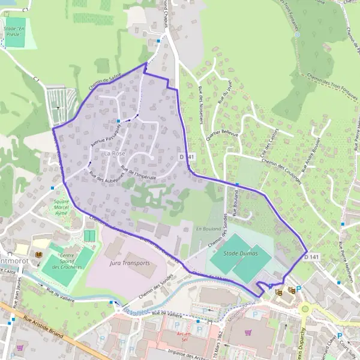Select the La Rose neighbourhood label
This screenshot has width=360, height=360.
pyautogui.click(x=115, y=154)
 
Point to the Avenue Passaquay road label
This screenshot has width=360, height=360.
pyautogui.click(x=107, y=135)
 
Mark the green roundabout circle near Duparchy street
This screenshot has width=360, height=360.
pyautogui.click(x=305, y=309)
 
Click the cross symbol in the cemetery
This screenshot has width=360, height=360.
pyautogui.click(x=58, y=107)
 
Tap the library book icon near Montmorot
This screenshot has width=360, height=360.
pyautogui.click(x=39, y=255)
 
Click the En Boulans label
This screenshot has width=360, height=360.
pyautogui.click(x=208, y=229)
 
